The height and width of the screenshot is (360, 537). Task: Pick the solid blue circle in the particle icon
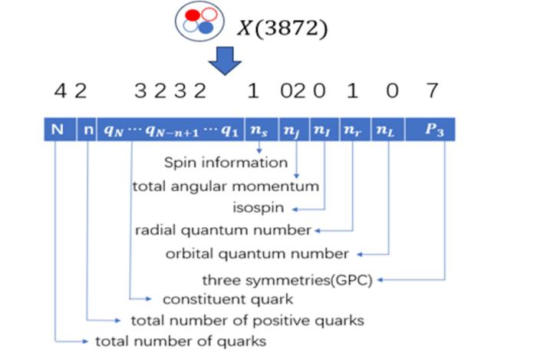pyautogui.click(x=205, y=27)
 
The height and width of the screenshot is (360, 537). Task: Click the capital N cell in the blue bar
pyautogui.click(x=57, y=129)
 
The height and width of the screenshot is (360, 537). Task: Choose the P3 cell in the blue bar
pyautogui.click(x=433, y=129)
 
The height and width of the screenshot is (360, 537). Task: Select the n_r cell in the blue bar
pyautogui.click(x=352, y=129)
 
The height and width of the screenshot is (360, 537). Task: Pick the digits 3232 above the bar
pyautogui.click(x=170, y=92)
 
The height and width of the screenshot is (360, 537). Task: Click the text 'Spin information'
pyautogui.click(x=226, y=163)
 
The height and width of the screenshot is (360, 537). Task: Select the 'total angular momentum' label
pyautogui.click(x=226, y=186)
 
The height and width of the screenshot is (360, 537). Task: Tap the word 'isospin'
pyautogui.click(x=257, y=207)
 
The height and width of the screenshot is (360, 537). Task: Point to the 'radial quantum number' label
pyautogui.click(x=224, y=230)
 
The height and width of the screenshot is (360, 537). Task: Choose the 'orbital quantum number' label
pyautogui.click(x=258, y=253)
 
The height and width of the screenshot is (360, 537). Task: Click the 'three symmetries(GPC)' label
pyautogui.click(x=287, y=279)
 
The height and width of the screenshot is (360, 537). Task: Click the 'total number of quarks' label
pyautogui.click(x=180, y=341)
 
